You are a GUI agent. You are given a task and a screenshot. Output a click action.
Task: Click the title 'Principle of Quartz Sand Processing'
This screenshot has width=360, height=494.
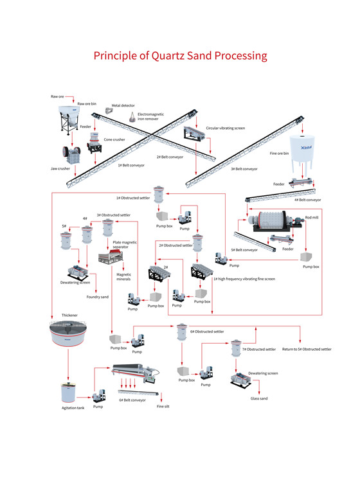(180, 56)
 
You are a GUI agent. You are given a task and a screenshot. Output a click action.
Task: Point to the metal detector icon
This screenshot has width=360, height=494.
(109, 111)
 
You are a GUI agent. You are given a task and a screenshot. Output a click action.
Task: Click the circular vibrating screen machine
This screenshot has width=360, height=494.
(194, 134)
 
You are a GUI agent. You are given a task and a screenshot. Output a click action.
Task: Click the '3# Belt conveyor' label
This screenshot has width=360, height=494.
(244, 169)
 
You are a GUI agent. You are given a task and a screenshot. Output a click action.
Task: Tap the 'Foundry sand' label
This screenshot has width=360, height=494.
(98, 297)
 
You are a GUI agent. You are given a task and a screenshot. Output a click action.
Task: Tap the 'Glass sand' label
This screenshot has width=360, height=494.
(259, 398)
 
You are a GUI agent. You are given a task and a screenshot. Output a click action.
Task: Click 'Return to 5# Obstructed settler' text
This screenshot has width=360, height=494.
(307, 349)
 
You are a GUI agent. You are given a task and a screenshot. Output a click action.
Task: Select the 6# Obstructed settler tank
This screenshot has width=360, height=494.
(181, 332)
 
